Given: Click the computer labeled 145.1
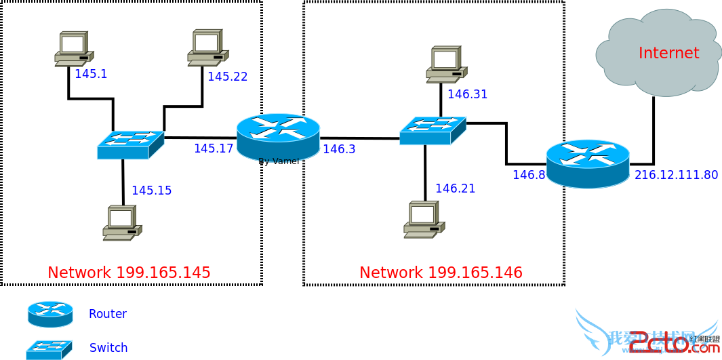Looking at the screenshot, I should [x=73, y=49].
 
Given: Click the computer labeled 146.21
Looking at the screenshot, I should [x=423, y=219].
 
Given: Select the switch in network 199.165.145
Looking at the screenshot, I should [x=130, y=144].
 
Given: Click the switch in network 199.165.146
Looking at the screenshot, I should [x=432, y=130].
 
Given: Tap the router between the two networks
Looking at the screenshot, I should [x=278, y=136].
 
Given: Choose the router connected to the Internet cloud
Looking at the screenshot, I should [x=587, y=163].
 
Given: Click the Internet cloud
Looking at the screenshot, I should [x=658, y=53].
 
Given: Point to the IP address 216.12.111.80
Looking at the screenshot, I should [x=676, y=175].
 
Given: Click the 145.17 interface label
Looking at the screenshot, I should [x=214, y=148].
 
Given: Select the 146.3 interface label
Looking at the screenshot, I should [x=339, y=149].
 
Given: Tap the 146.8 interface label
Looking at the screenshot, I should [x=529, y=175].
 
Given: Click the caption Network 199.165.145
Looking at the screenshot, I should [x=129, y=273].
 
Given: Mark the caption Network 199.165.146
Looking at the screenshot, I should [x=441, y=273].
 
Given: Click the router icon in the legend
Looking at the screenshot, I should [x=50, y=314].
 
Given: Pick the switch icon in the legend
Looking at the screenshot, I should [x=49, y=349].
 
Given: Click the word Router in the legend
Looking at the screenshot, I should [x=108, y=314].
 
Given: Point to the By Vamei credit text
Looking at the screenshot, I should [x=279, y=161].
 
